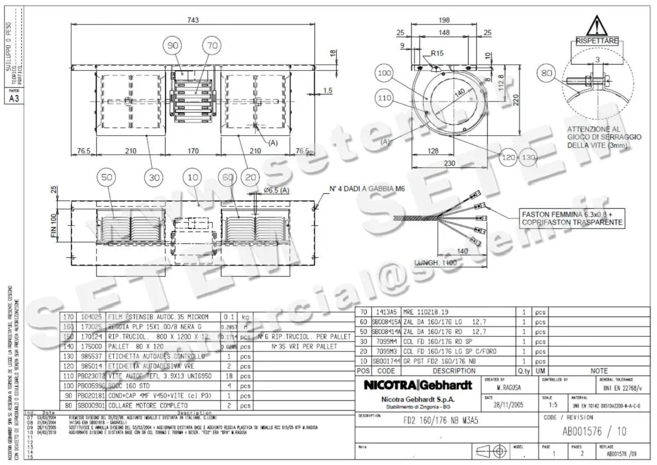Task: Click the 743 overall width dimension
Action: pyautogui.click(x=193, y=20)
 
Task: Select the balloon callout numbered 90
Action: pyautogui.click(x=174, y=47)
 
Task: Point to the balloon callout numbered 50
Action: pyautogui.click(x=106, y=177)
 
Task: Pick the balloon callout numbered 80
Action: pyautogui.click(x=546, y=72)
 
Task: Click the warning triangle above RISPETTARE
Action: pyautogui.click(x=597, y=25)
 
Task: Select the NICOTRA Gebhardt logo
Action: pyautogui.click(x=417, y=386)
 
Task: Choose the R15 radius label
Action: pyautogui.click(x=437, y=54)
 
